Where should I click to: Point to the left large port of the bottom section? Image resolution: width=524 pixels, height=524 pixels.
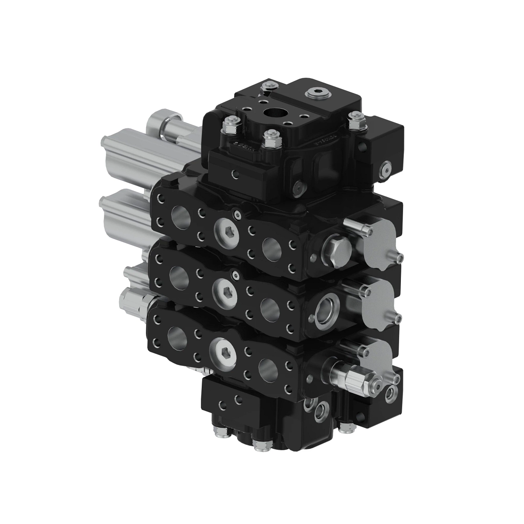(x=176, y=338)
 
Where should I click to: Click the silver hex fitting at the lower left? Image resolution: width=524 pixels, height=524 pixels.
(x=136, y=302)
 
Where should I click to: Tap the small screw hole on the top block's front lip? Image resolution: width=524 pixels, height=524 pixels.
(x=235, y=175)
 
